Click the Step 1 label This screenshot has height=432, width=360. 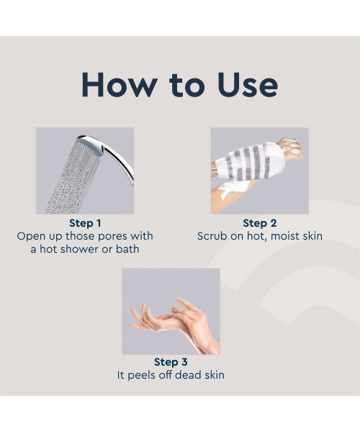tap(85, 223)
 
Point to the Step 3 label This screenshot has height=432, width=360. tap(171, 362)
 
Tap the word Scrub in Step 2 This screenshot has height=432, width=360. tap(213, 236)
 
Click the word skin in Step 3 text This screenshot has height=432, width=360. tap(214, 375)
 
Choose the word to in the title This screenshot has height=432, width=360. tap(179, 86)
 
